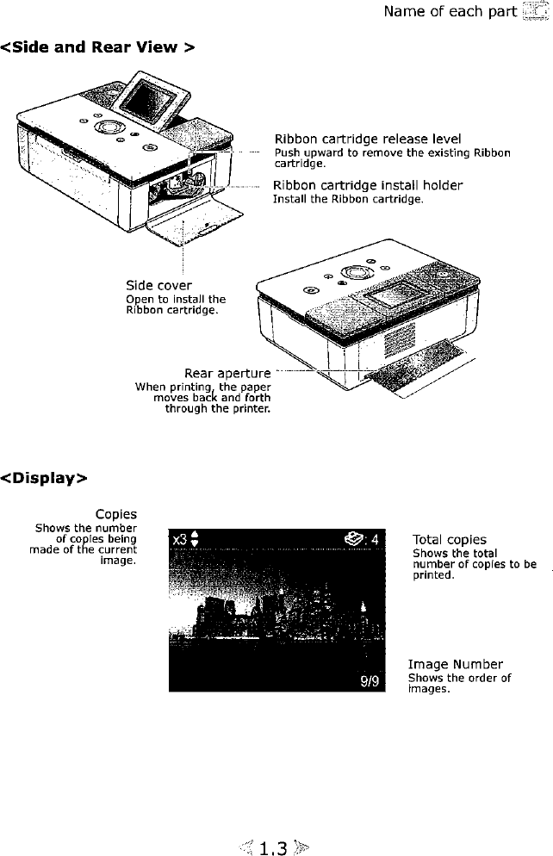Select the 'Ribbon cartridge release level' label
[367, 139]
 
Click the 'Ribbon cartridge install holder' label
[368, 185]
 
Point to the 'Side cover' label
[158, 285]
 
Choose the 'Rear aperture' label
[227, 374]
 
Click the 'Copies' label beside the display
[116, 515]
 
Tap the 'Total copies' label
[449, 540]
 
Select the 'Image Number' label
[455, 664]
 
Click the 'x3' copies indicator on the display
[179, 540]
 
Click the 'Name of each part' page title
[450, 12]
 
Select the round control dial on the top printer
[109, 126]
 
